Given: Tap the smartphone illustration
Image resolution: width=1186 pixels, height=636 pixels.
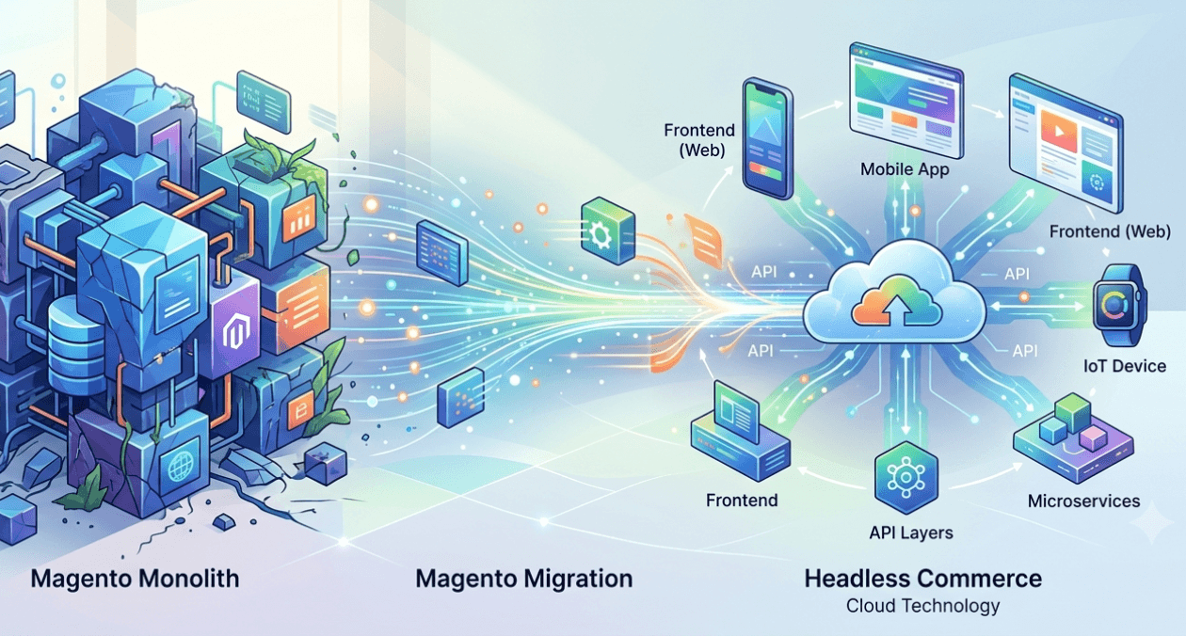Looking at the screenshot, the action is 767,138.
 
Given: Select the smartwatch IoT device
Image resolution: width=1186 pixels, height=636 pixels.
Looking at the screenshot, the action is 1120,305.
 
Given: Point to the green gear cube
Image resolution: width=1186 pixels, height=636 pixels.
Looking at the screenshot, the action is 607,231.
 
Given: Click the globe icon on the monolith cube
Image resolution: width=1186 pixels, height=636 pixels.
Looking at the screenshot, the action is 179,467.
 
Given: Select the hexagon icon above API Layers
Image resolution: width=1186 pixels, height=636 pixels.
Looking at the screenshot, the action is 906,477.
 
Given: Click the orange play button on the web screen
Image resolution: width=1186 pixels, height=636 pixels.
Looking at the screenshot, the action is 1059,131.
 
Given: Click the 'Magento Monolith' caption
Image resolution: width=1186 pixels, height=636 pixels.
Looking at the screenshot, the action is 135,579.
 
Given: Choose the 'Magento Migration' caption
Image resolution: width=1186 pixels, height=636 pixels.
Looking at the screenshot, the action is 523,579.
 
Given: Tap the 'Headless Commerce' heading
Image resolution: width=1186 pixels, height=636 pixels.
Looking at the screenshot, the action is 922,579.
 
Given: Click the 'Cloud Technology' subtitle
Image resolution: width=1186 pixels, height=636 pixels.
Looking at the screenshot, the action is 922,606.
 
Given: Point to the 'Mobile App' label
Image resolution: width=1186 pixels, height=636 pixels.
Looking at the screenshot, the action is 905,169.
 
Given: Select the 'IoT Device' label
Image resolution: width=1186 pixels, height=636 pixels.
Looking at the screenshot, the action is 1125,366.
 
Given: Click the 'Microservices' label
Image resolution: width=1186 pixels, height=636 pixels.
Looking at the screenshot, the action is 1083,501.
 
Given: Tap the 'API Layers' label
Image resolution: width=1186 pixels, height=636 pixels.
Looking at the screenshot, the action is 911,533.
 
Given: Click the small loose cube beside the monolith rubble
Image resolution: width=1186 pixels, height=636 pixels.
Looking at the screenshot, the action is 325,464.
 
